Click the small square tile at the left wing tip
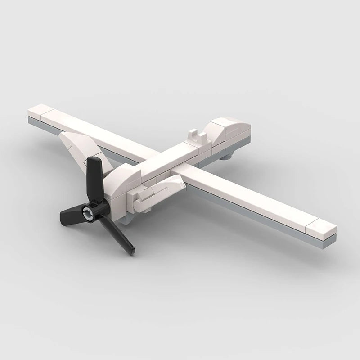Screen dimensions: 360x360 40,110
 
